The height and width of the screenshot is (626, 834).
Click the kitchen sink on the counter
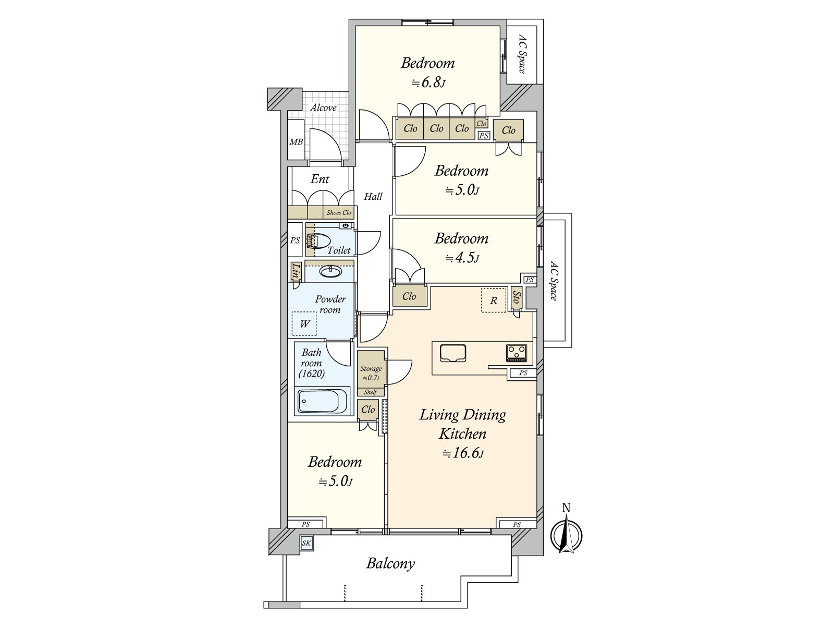(x=452, y=353)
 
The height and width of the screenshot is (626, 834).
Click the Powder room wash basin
(x=329, y=272)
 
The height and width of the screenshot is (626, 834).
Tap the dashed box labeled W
(x=304, y=323)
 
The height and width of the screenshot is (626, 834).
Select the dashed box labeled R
(x=493, y=300)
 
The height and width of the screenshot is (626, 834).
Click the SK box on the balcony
(x=306, y=543)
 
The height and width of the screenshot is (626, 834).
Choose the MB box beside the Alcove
(x=296, y=141)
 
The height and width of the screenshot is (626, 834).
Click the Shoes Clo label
(x=339, y=213)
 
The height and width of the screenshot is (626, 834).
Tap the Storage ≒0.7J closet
(x=371, y=373)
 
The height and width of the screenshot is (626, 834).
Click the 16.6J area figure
(x=463, y=453)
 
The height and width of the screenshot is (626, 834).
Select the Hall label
(x=373, y=197)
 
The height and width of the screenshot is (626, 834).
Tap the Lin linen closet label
(x=296, y=271)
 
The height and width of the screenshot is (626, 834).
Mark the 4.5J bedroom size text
(x=462, y=258)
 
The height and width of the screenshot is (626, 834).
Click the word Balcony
(x=390, y=563)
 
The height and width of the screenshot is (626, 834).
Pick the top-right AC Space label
(x=522, y=54)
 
